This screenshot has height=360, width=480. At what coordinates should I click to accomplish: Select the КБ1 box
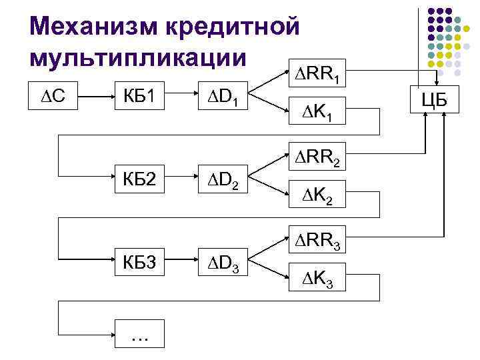click(141, 98)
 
